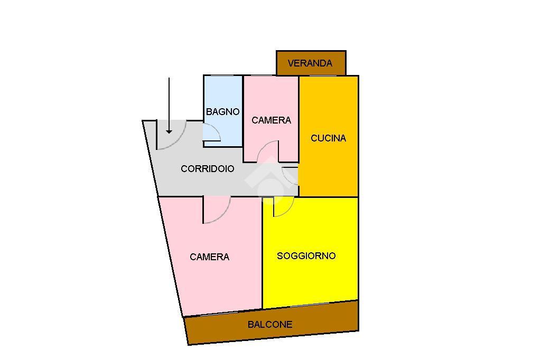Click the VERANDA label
310,63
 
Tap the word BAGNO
222,112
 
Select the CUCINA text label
328,138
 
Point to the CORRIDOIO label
208,169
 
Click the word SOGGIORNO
306,256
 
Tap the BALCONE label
270,325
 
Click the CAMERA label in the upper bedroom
271,120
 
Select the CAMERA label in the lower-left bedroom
209,257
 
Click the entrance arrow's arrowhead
169,130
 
